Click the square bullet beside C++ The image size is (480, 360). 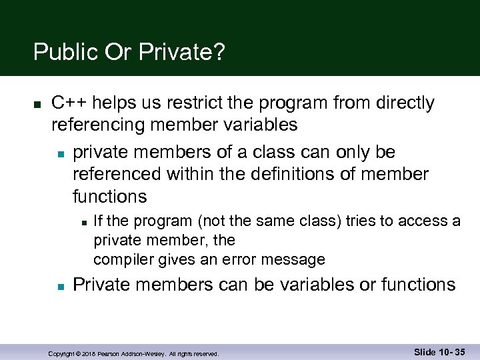(37, 105)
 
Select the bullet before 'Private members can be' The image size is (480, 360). (59, 286)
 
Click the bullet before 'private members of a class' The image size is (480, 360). (59, 154)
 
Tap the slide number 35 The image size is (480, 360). (458, 352)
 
